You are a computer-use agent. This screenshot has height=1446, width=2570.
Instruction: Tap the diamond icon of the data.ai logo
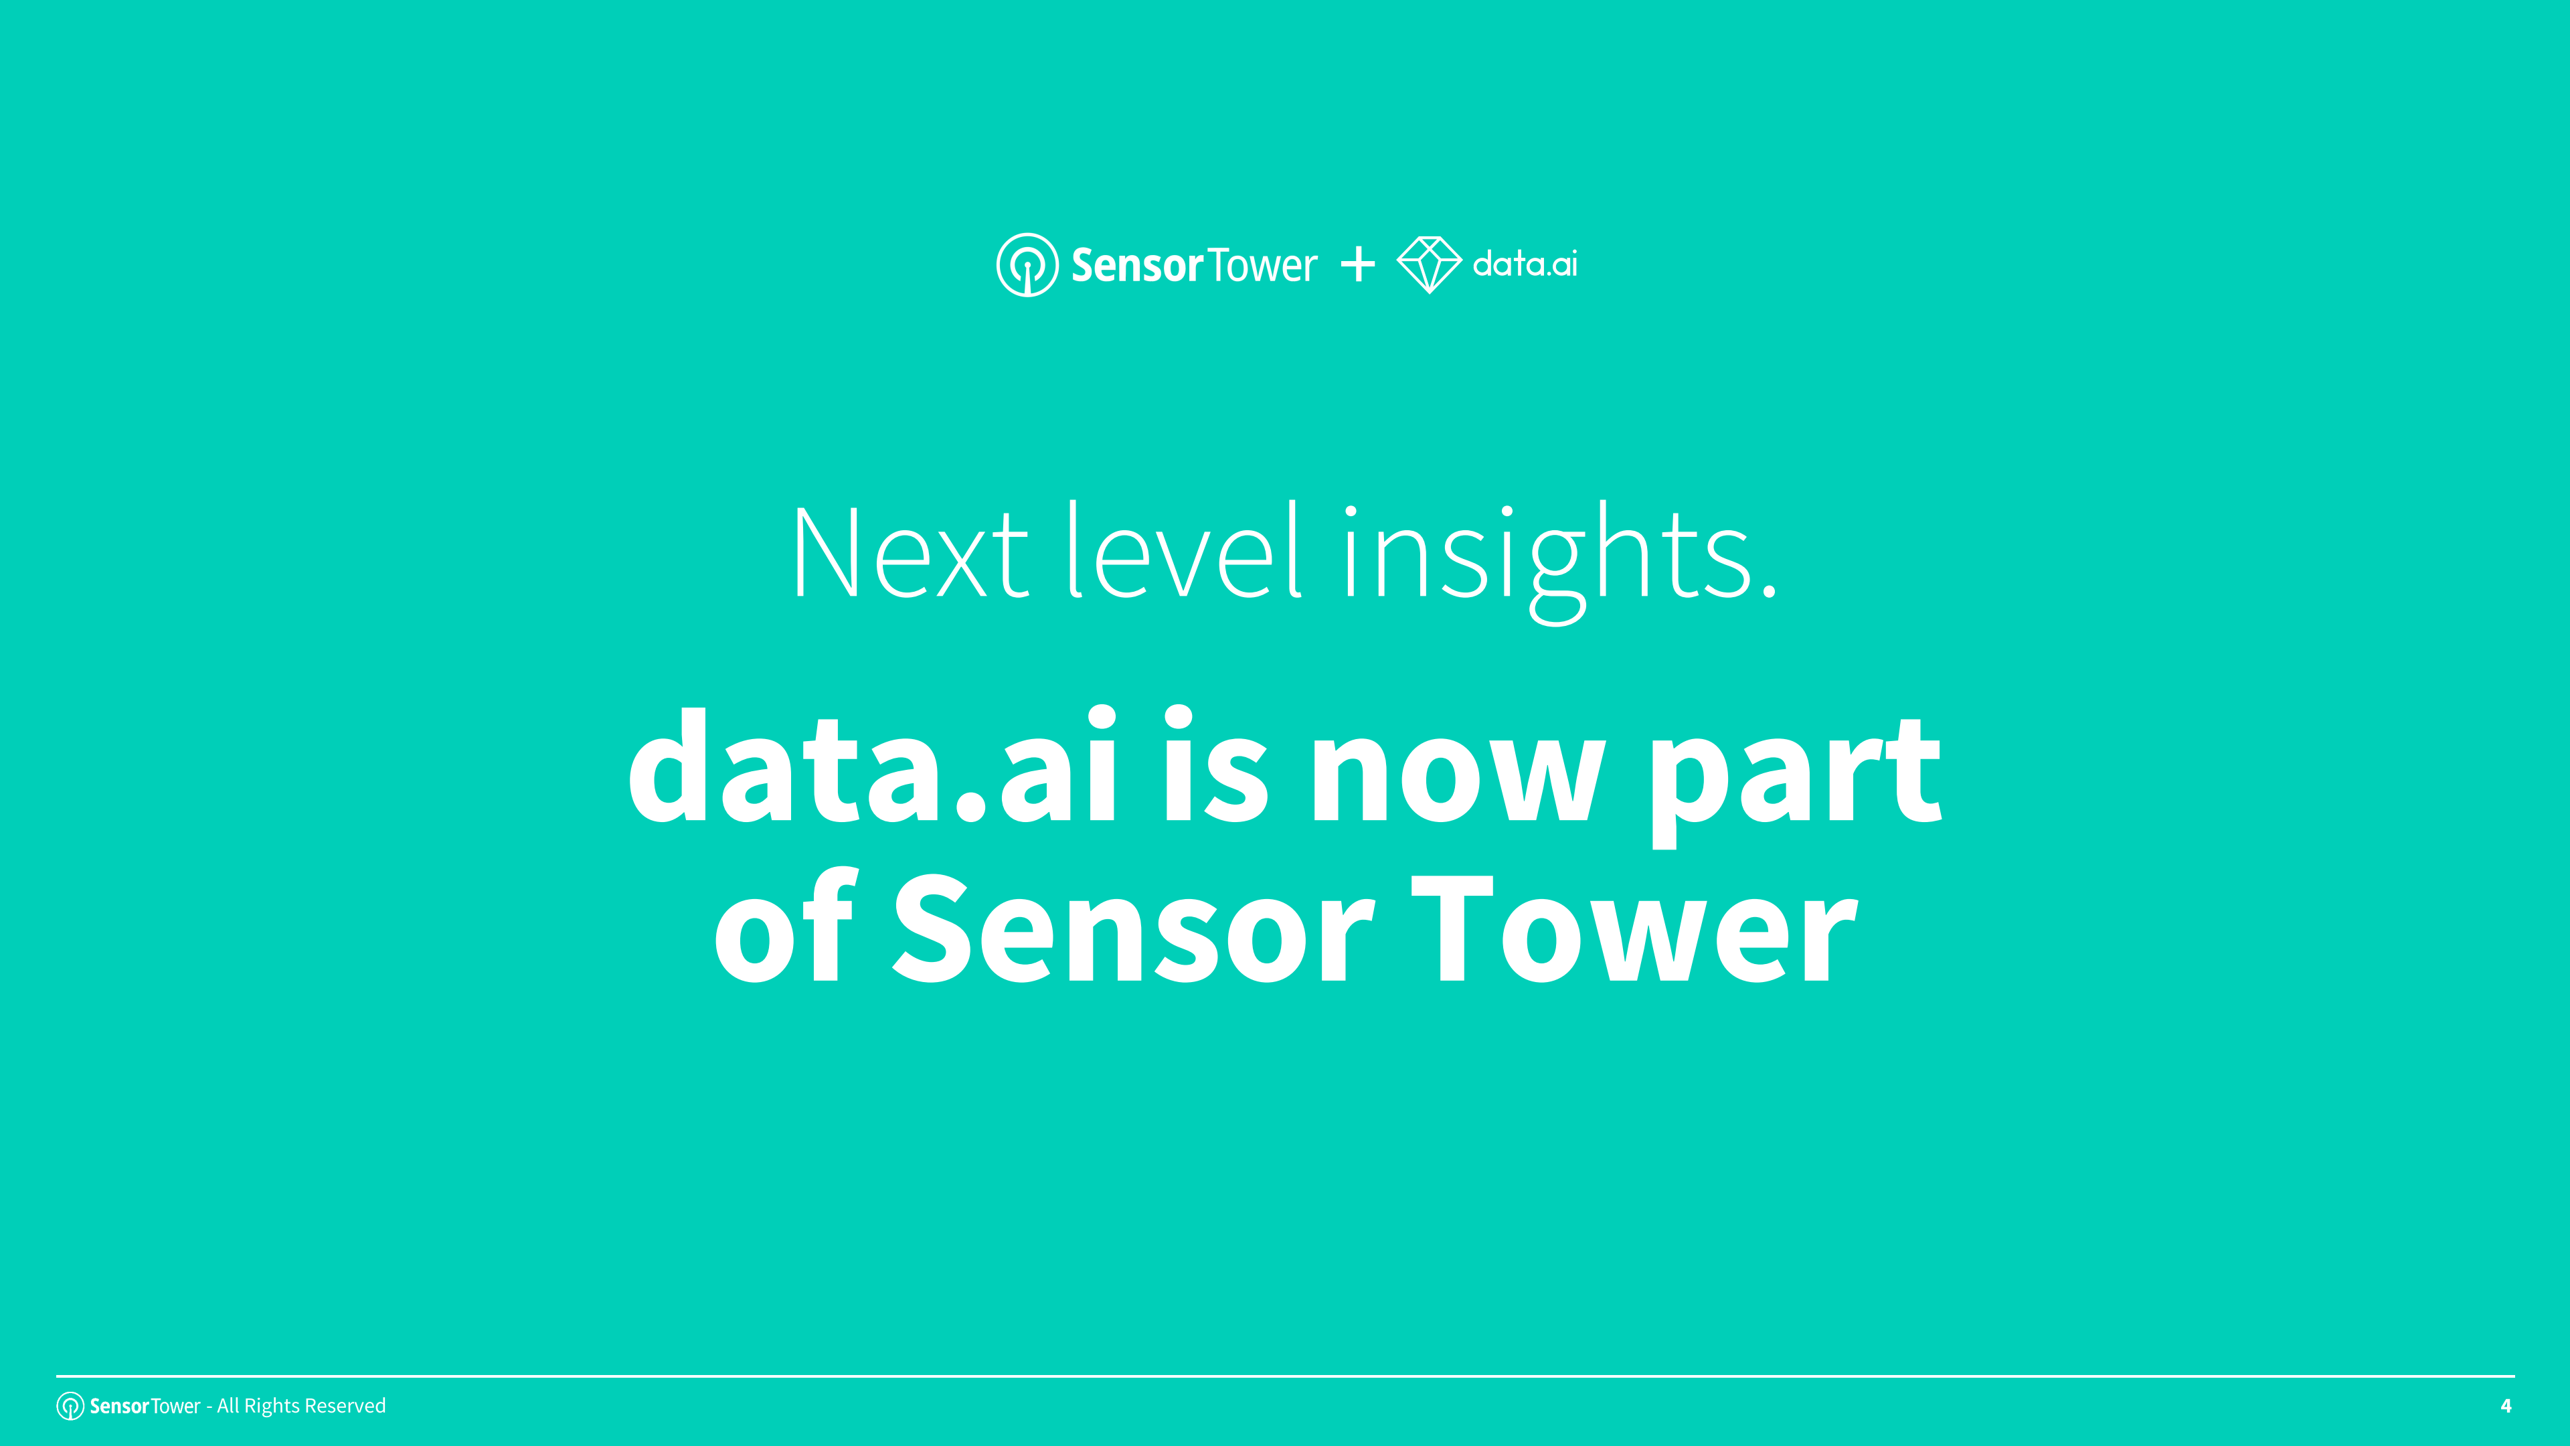(1429, 264)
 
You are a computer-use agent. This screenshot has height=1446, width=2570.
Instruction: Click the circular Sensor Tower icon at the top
(1027, 264)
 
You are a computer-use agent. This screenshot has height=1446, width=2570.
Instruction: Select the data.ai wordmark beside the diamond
(1525, 264)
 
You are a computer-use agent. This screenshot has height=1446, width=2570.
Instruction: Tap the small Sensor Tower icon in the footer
(70, 1406)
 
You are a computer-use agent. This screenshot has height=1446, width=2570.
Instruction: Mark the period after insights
(1769, 590)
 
